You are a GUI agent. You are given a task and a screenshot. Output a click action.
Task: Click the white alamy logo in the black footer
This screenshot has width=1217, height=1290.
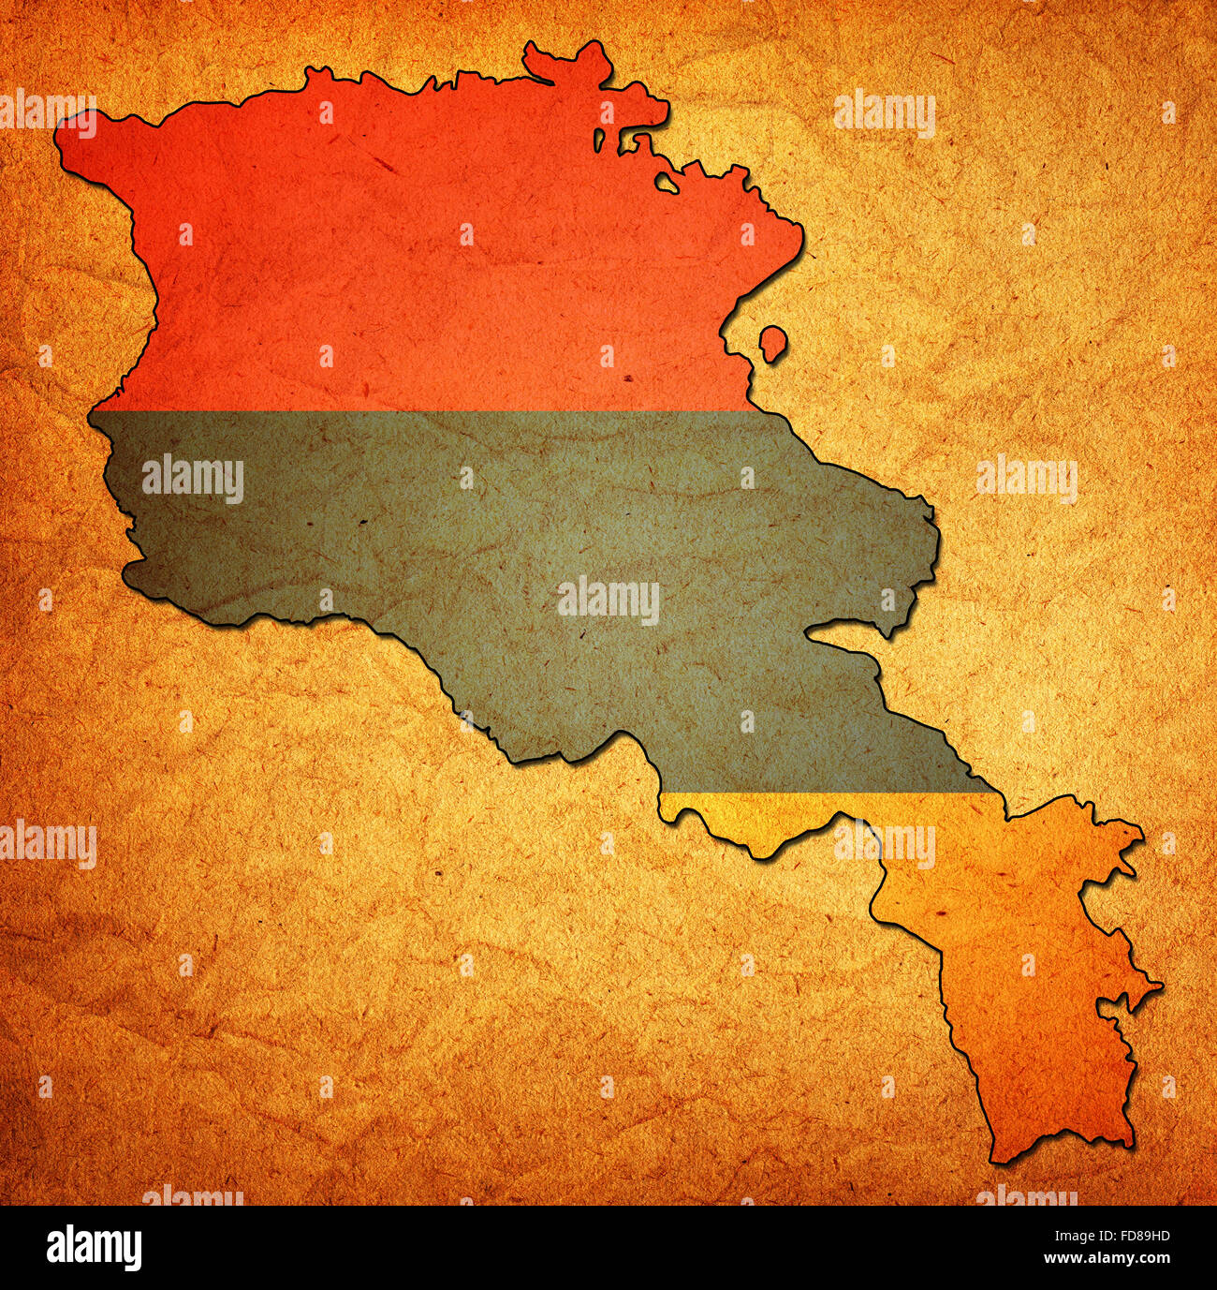(x=94, y=1248)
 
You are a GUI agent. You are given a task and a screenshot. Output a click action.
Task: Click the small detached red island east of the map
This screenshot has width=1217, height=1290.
(x=772, y=344)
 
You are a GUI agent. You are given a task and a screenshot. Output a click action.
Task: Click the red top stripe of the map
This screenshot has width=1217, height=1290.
(x=421, y=262)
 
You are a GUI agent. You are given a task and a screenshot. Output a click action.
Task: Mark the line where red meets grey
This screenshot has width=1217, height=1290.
(x=421, y=410)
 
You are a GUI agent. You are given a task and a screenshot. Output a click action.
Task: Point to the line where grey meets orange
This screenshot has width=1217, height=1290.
(x=824, y=793)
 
